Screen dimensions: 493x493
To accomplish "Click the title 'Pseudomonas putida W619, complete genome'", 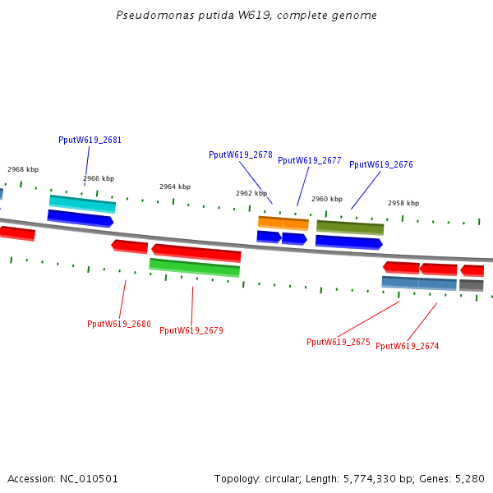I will (x=247, y=16).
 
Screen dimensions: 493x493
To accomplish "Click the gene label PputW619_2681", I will (x=90, y=140).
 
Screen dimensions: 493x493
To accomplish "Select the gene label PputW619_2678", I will (x=241, y=154).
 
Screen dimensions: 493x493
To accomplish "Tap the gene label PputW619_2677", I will (x=310, y=160).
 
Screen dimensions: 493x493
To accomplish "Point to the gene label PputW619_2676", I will (x=381, y=164).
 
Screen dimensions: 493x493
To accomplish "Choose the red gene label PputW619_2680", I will (x=119, y=324).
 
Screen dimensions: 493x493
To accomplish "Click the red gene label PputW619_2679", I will (x=191, y=330).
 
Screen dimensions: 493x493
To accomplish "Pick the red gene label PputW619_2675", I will (x=339, y=342).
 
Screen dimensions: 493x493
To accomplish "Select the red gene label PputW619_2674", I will (x=408, y=346).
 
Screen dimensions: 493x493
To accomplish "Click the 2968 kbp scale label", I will (x=23, y=169).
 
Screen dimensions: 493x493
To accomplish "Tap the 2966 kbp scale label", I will (x=99, y=178).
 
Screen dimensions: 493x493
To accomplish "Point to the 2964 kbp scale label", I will (x=175, y=187).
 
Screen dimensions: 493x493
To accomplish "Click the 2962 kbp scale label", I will (x=251, y=193).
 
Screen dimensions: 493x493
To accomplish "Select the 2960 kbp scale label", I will (x=327, y=199).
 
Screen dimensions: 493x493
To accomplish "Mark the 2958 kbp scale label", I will (x=403, y=203).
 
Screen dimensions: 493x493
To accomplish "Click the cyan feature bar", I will (x=82, y=203).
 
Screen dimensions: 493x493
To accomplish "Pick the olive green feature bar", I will (x=350, y=227).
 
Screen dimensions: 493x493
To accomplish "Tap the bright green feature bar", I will (x=195, y=267).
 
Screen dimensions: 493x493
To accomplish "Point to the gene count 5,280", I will (x=468, y=478).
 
